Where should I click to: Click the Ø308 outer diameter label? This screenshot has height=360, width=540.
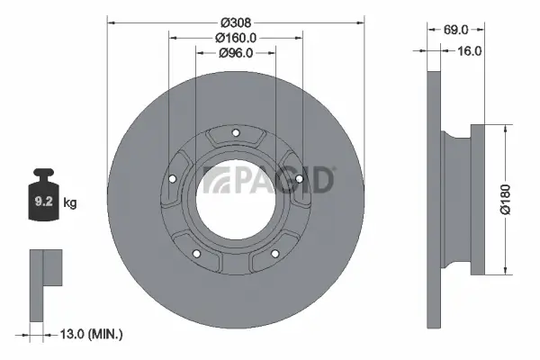tap(236, 21)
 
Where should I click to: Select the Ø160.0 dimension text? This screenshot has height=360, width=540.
tap(236, 37)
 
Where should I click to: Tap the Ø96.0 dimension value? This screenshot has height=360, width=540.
tap(236, 53)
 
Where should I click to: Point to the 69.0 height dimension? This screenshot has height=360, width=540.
tap(458, 30)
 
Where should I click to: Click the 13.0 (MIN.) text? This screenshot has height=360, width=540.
tap(90, 334)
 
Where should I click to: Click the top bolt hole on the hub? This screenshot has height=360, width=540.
tap(236, 136)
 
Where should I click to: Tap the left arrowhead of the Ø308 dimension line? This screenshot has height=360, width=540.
tap(111, 21)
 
